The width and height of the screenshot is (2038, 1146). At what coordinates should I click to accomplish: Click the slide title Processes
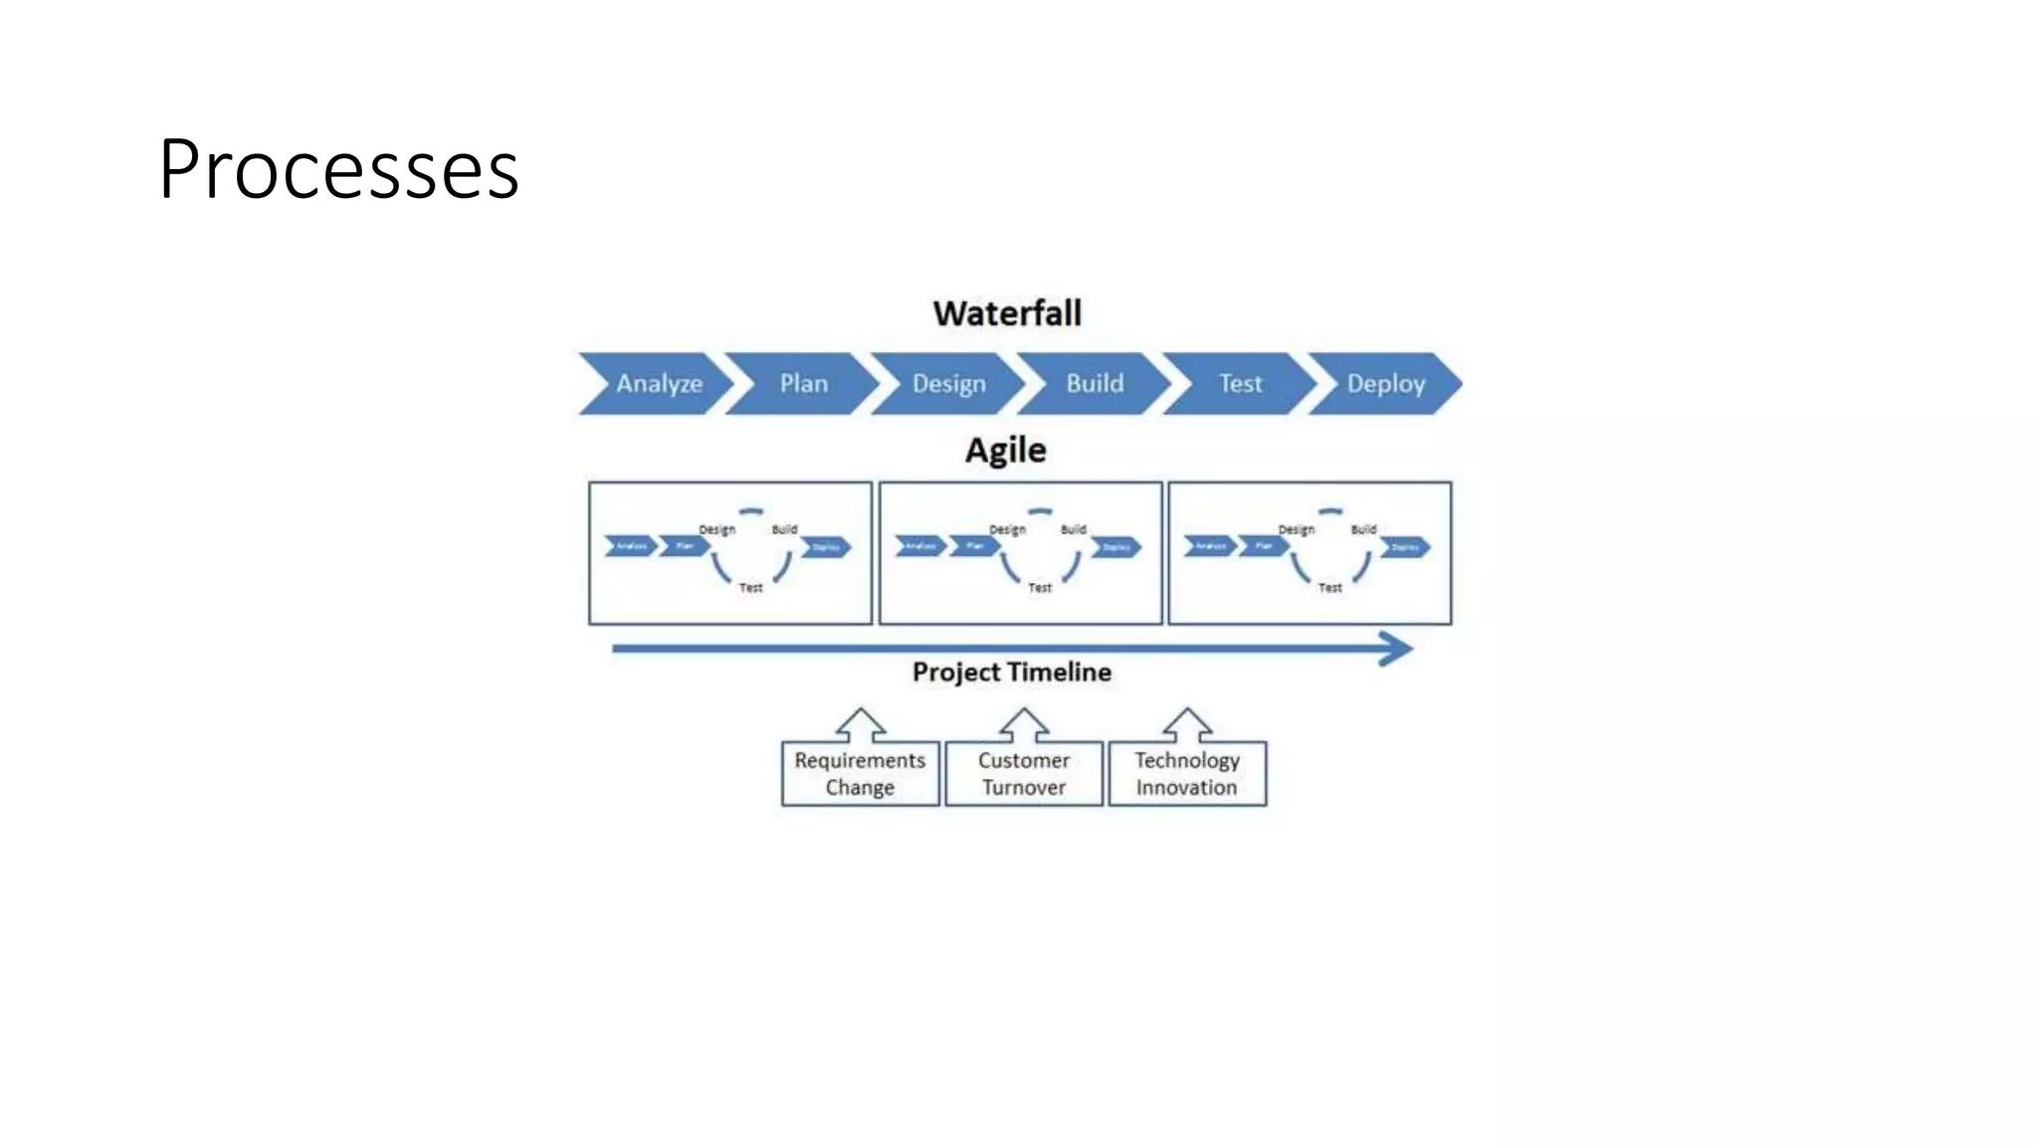(338, 169)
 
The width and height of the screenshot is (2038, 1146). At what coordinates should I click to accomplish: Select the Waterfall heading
(1007, 313)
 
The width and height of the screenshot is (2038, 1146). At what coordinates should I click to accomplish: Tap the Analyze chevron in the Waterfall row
(657, 384)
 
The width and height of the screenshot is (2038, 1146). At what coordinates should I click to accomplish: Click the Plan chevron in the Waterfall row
(803, 384)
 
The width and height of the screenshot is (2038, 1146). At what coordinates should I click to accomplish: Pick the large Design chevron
(948, 384)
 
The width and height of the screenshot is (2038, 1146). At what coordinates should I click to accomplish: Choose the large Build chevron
(1095, 384)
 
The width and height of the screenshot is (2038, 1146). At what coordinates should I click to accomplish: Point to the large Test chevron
(1240, 384)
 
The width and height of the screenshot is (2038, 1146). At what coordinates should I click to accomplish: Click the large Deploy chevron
(1385, 384)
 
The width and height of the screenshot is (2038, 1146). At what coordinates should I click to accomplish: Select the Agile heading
(1005, 451)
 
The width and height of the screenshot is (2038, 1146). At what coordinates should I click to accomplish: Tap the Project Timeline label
(1011, 672)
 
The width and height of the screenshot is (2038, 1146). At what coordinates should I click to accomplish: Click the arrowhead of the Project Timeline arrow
(1397, 649)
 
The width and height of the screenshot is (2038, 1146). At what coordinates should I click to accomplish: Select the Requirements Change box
(860, 774)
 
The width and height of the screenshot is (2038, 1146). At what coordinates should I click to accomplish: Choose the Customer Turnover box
(1023, 774)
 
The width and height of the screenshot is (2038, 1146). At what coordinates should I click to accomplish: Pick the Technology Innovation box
(1187, 774)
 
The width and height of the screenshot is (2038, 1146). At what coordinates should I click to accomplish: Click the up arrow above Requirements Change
(861, 725)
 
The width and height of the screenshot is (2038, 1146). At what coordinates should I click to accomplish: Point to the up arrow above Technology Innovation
(1187, 725)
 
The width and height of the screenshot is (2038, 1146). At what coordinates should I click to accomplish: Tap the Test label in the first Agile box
(750, 588)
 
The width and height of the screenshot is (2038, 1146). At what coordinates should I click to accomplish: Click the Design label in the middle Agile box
(1007, 530)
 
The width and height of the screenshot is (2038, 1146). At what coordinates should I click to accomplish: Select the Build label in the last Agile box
(1363, 529)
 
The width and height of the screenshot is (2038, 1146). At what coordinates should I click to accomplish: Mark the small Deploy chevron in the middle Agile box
(1116, 547)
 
